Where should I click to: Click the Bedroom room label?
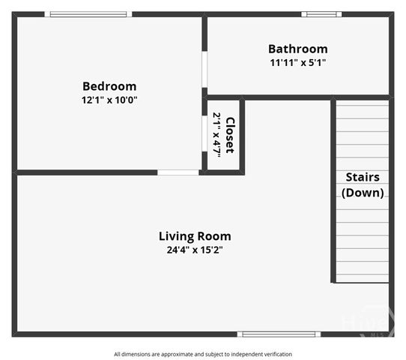109,86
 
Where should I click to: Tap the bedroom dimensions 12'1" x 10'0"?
109,100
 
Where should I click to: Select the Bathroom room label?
297,49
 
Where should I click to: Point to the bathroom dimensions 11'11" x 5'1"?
297,62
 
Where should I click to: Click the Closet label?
230,135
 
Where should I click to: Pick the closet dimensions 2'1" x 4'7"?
217,134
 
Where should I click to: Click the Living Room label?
195,236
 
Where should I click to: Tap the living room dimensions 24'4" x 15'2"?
195,250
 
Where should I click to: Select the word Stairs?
363,178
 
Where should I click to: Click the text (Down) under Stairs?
363,193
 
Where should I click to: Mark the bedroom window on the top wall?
88,14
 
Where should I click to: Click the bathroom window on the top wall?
321,14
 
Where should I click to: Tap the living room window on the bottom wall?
279,334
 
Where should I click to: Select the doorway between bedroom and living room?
178,172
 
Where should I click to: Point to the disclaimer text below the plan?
203,354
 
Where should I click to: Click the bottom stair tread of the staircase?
362,276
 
